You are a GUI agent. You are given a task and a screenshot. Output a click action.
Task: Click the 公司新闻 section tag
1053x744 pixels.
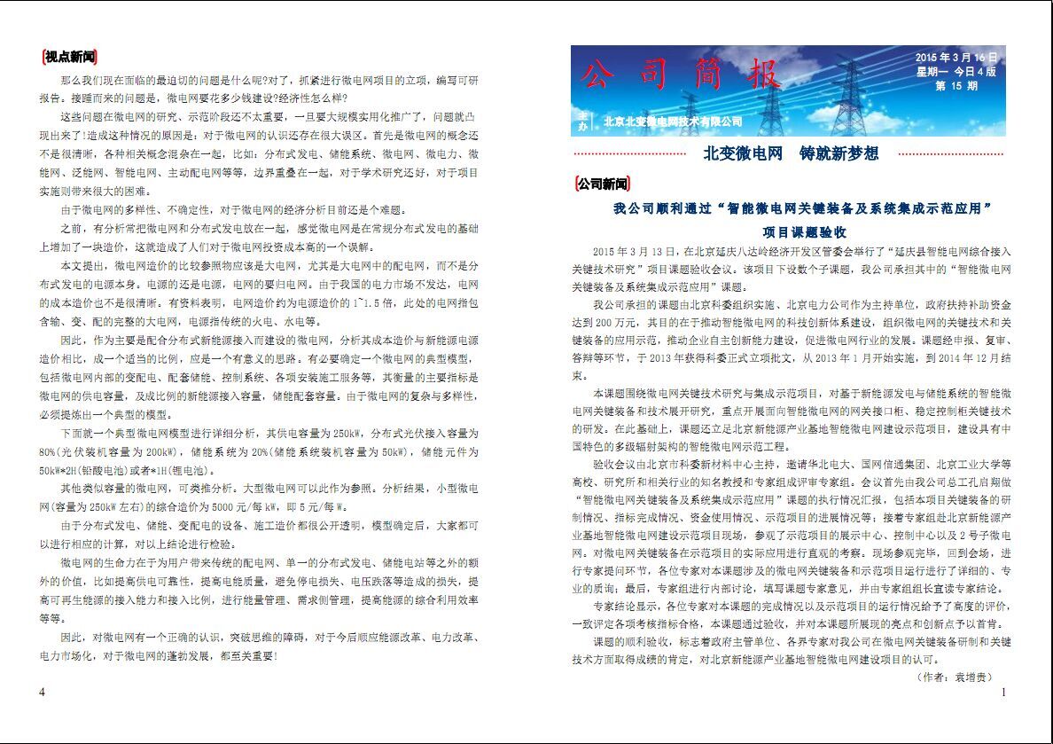pos(602,184)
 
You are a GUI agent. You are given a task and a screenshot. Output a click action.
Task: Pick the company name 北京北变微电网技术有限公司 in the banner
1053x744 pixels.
pos(672,121)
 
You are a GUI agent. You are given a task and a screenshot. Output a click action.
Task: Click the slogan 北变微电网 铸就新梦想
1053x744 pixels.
pos(791,153)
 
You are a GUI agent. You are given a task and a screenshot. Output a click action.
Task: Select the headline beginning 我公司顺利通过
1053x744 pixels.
pos(801,209)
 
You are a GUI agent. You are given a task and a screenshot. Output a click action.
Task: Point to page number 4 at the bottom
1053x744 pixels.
pos(43,692)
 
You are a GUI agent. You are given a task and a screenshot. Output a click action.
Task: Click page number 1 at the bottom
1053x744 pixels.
pos(1002,692)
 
